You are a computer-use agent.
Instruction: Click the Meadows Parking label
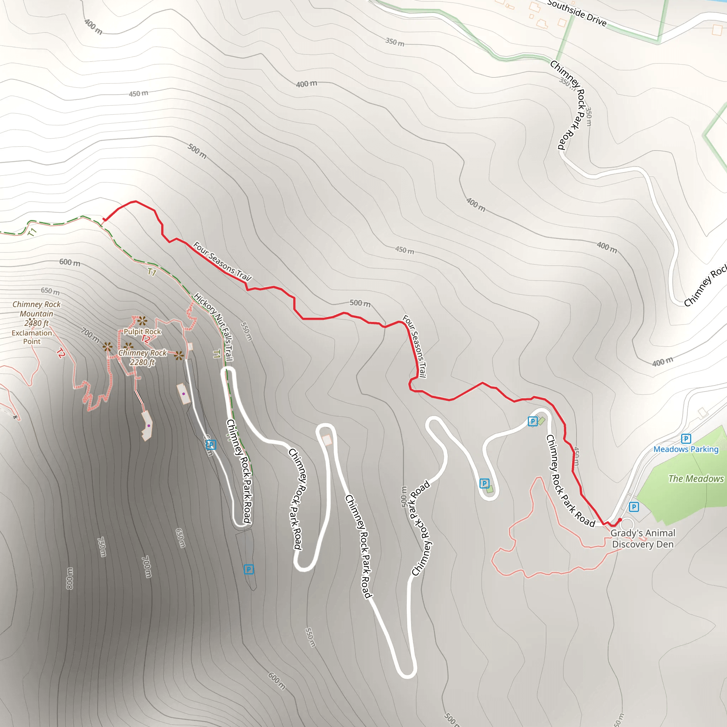(685, 449)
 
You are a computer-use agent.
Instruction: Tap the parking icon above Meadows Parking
(685, 438)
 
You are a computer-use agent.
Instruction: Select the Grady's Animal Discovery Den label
(643, 539)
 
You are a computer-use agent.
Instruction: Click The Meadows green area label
(696, 479)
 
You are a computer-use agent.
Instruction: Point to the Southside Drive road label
(577, 13)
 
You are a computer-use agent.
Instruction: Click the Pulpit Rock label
(142, 332)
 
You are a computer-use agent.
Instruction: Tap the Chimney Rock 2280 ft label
(142, 357)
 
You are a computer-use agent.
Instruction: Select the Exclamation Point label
(32, 337)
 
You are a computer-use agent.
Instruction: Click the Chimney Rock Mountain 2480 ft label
(37, 313)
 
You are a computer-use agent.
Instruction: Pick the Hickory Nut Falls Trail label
(214, 327)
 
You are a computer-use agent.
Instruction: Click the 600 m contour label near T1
(70, 262)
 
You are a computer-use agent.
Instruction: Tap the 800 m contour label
(70, 578)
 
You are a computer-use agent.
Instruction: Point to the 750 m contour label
(102, 547)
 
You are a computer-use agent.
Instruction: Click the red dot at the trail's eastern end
(620, 520)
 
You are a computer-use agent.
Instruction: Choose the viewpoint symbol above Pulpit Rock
(142, 321)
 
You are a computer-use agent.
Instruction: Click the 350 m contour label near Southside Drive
(395, 42)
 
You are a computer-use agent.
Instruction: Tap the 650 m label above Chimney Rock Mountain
(50, 291)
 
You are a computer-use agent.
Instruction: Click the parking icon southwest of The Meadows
(634, 507)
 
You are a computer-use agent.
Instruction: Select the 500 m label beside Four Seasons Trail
(360, 303)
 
